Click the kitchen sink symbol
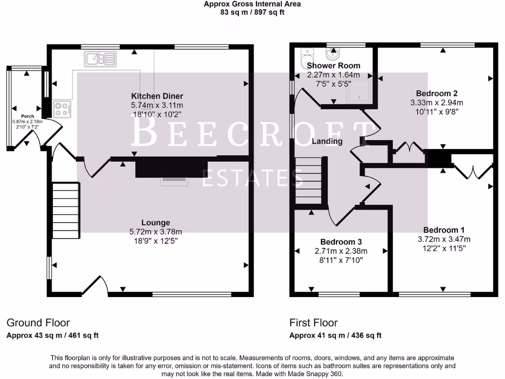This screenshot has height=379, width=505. [100, 59]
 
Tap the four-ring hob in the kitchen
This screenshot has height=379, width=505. [62, 109]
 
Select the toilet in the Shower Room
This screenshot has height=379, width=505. [307, 57]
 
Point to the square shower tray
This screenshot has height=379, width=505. [359, 91]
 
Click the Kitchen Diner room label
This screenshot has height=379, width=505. [157, 96]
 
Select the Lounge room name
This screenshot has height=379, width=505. [155, 223]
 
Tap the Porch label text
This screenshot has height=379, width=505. [28, 116]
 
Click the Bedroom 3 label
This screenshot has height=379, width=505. [341, 242]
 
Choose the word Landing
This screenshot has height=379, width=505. [327, 141]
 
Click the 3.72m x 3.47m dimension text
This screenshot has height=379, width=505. [444, 239]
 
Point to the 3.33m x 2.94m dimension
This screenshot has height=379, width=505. [437, 103]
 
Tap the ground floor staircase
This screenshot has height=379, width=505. [66, 210]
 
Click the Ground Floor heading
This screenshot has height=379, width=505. [38, 323]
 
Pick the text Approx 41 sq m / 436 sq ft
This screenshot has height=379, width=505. [335, 336]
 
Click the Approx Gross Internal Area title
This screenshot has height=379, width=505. [252, 4]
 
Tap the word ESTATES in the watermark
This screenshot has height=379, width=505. [252, 178]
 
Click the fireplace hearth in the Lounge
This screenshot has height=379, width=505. [174, 182]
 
